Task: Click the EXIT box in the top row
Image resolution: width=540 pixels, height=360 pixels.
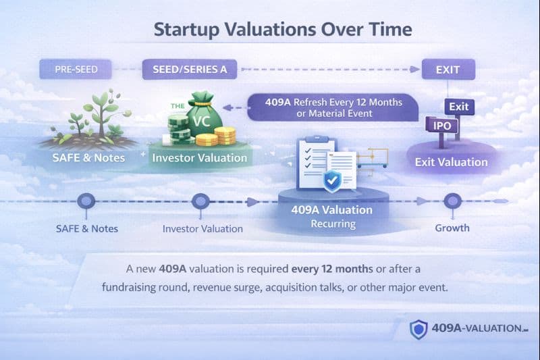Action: [448, 70]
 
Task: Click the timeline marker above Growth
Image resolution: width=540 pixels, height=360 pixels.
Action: [452, 201]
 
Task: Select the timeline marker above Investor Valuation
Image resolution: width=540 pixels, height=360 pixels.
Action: [200, 201]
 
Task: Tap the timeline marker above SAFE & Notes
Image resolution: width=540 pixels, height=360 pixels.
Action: [86, 201]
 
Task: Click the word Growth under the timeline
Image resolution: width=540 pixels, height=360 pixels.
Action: [452, 228]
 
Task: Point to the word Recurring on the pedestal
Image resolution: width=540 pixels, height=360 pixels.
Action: [331, 224]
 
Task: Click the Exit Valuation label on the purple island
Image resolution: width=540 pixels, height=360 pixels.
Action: [451, 162]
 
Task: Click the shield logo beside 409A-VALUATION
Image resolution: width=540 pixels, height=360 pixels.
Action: [418, 329]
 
